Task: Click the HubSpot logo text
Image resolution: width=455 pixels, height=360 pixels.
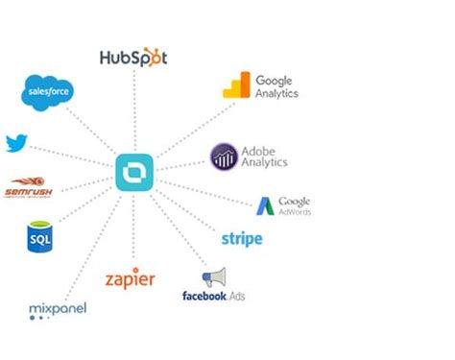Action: click(x=133, y=58)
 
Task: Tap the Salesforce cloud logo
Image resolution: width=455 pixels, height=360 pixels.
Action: click(x=48, y=92)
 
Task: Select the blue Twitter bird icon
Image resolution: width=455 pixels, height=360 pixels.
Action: click(x=15, y=144)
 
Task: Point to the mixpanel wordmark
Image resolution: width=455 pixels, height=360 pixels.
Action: click(x=58, y=308)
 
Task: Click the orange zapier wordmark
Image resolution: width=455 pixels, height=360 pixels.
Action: click(x=131, y=280)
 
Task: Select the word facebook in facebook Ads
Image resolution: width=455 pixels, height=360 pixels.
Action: click(x=203, y=296)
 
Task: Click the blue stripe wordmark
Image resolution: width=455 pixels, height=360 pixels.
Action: click(x=241, y=239)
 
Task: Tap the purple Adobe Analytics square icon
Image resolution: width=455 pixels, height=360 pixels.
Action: click(x=224, y=156)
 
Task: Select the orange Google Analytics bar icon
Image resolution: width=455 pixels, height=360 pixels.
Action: click(x=236, y=86)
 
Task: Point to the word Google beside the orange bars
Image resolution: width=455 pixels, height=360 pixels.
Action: click(x=274, y=81)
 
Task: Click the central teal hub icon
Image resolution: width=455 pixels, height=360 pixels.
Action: click(x=133, y=173)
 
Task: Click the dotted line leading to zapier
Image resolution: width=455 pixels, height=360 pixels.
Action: click(x=132, y=230)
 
